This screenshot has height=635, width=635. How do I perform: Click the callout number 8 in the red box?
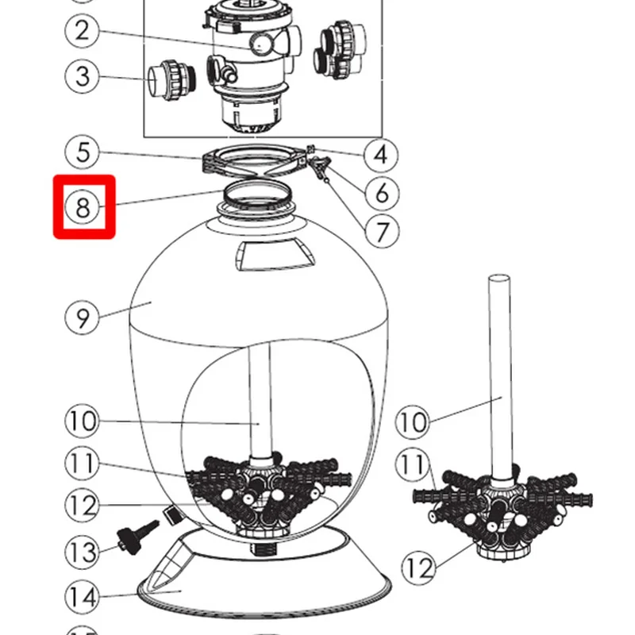[x=83, y=207]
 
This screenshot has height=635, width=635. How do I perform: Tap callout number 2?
[x=83, y=31]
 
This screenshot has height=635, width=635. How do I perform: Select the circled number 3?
[x=83, y=76]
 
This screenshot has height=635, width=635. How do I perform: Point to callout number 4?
[x=381, y=155]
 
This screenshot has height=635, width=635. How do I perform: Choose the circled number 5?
[x=83, y=152]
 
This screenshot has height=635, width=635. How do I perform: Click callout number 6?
[x=382, y=193]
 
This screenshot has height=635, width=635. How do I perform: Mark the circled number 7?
[x=382, y=231]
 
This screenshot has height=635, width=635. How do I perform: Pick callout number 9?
[x=83, y=317]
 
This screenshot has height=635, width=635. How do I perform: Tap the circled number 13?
[x=83, y=552]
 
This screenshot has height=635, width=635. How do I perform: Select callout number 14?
[x=83, y=597]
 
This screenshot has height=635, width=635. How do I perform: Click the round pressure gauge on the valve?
[x=261, y=44]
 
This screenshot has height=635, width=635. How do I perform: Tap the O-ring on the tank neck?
[x=256, y=194]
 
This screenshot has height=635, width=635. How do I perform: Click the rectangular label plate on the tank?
[x=274, y=254]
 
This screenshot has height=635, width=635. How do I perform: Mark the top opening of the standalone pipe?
[x=499, y=279]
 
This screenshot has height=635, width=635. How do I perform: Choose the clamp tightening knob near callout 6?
[x=319, y=167]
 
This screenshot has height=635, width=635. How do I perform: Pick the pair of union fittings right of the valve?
[x=341, y=49]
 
